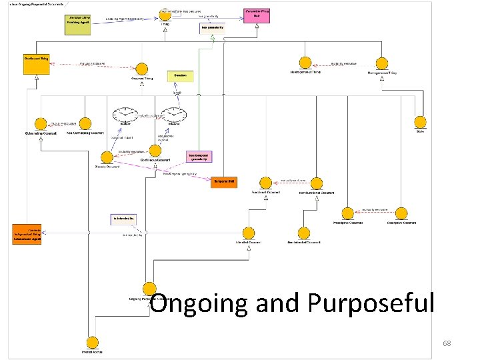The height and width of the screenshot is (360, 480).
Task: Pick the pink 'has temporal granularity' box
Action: coord(199,157)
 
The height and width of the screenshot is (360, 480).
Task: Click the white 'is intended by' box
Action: coord(123,219)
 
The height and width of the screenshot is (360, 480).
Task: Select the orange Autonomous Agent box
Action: coord(27,234)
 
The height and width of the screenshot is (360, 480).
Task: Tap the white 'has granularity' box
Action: coord(213,29)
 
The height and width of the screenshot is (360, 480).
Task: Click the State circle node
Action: coord(419,123)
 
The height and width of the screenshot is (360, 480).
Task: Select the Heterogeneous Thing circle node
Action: coord(305,64)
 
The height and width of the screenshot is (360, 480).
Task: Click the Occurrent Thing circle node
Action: coord(141,69)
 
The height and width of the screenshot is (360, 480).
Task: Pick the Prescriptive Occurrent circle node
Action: coord(347,213)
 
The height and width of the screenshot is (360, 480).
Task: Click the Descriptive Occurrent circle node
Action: coord(401,213)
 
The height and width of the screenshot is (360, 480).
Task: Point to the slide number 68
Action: coord(447,343)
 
